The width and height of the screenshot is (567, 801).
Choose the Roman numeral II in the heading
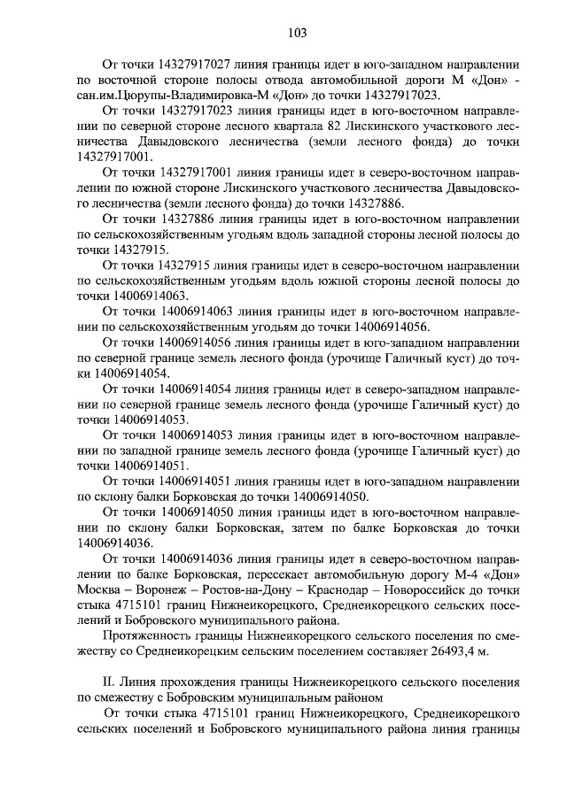coord(109,679)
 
